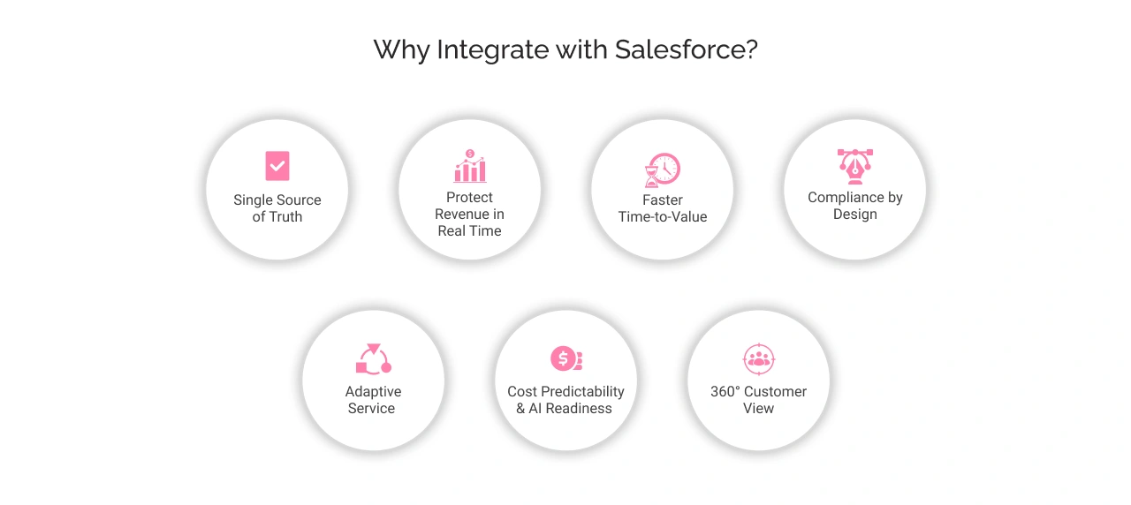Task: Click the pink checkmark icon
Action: tap(277, 166)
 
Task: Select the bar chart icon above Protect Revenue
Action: tap(470, 166)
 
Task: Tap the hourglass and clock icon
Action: tap(663, 170)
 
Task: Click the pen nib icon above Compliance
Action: tap(854, 166)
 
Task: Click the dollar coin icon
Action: tap(565, 359)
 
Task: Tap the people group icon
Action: tap(758, 358)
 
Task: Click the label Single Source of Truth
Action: tap(277, 208)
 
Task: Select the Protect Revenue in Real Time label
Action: tap(470, 215)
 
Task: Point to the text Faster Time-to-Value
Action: tap(663, 208)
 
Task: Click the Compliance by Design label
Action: tap(855, 206)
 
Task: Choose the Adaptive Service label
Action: tap(372, 400)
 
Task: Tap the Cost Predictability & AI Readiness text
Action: tap(565, 400)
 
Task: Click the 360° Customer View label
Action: tap(758, 400)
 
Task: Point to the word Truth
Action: tap(286, 217)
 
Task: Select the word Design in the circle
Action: tap(855, 215)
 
